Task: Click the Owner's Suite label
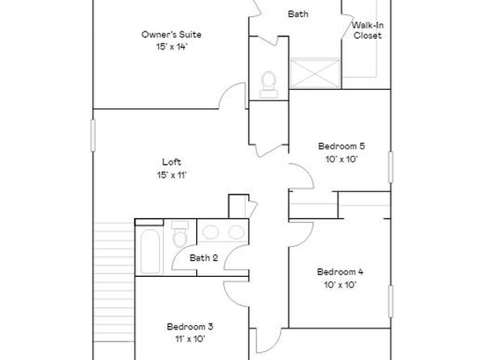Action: click(x=171, y=35)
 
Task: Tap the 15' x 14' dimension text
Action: click(x=171, y=47)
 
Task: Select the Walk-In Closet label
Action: click(x=367, y=30)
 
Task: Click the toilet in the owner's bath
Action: click(x=269, y=85)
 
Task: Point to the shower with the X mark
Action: click(x=315, y=73)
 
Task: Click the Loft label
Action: click(x=171, y=161)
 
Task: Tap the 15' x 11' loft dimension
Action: click(x=172, y=175)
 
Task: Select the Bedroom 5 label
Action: click(x=341, y=146)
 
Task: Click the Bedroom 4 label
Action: click(x=340, y=271)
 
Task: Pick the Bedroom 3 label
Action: click(x=190, y=327)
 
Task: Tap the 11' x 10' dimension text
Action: click(x=190, y=339)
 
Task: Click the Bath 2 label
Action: click(x=203, y=257)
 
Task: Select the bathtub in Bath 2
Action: click(x=150, y=251)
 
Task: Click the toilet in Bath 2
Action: click(x=180, y=234)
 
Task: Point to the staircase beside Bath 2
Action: click(x=114, y=282)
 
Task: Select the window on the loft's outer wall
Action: click(x=93, y=136)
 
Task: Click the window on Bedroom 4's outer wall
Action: click(x=391, y=301)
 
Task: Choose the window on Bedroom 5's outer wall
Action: click(x=391, y=167)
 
